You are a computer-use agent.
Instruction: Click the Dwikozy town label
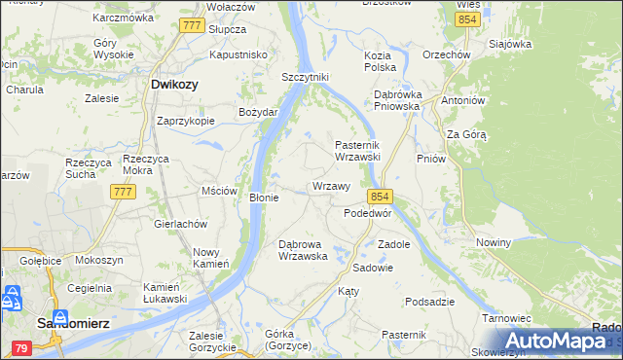tap(175, 85)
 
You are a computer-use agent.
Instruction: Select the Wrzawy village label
tap(331, 186)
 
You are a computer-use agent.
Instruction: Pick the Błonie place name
tap(264, 198)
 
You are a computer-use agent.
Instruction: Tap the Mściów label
tap(219, 191)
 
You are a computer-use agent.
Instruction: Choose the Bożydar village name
tap(259, 112)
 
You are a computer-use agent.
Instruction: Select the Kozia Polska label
tap(380, 61)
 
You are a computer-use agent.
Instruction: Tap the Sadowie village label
tap(373, 267)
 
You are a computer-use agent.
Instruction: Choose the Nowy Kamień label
tap(211, 257)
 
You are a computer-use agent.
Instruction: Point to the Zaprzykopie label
tap(186, 121)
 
